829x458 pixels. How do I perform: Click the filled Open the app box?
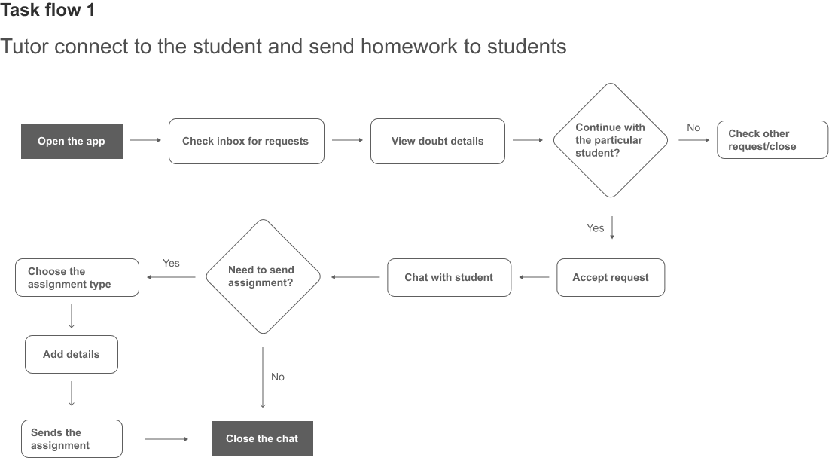pos(72,141)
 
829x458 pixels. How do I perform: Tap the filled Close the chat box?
pos(261,438)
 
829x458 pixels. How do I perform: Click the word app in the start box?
pos(95,141)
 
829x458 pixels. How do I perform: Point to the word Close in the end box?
pos(239,438)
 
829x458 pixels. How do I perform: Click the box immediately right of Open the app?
pos(247,141)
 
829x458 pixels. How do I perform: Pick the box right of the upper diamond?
pos(772,141)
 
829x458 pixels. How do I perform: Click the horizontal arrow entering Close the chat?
pos(167,437)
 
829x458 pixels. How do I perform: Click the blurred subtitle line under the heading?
pos(282,47)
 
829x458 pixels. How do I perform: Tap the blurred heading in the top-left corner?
pos(48,11)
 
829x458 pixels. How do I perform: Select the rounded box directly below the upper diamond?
pos(611,277)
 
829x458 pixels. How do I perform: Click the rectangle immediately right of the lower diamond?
pos(449,277)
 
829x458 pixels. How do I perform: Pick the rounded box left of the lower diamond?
pos(78,277)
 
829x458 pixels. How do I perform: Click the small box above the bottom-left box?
pos(72,354)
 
